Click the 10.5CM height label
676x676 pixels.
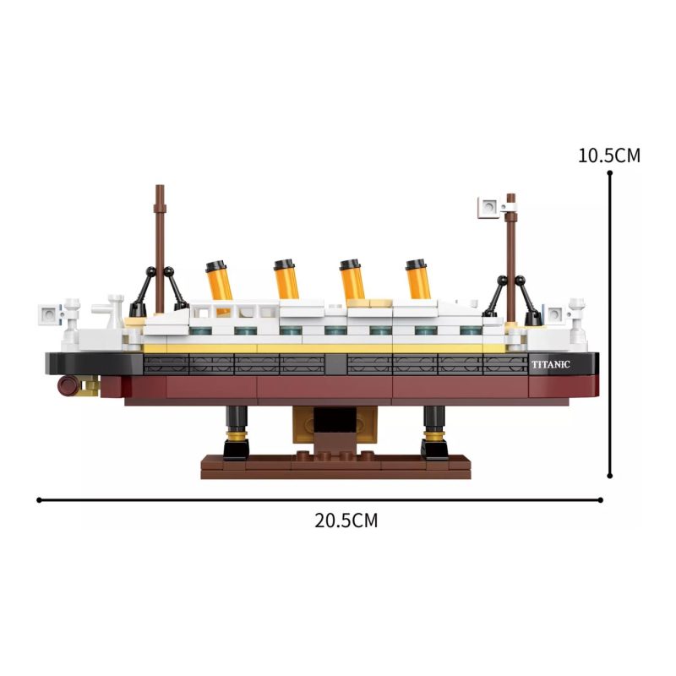pos(608,155)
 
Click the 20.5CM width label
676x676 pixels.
pos(346,521)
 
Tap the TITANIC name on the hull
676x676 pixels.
pos(551,365)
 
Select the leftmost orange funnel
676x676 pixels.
pos(219,281)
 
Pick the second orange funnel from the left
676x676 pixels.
pos(286,279)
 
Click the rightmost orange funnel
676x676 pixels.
pos(417,279)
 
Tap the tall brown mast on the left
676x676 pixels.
pos(160,249)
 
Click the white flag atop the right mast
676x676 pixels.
pos(488,207)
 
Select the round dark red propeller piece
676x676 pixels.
pos(68,385)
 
